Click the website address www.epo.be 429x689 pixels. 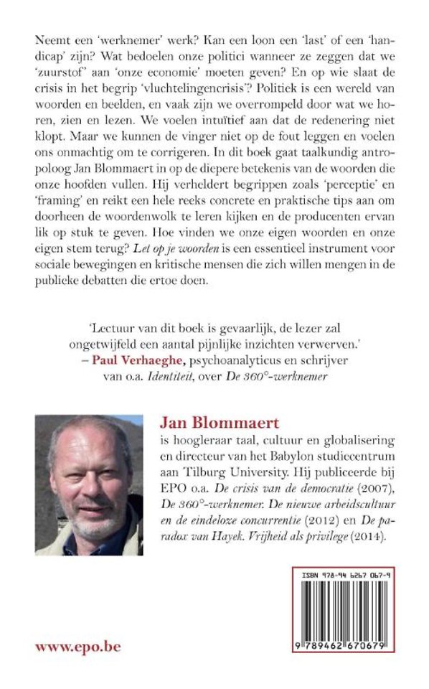click(77, 647)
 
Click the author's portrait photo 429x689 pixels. click(89, 484)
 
